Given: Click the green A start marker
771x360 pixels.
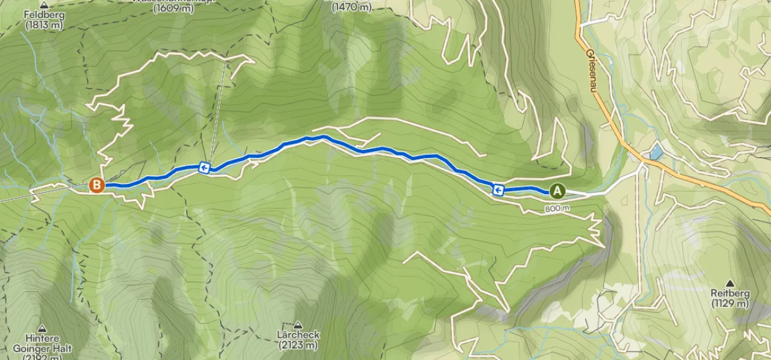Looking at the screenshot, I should (x=556, y=191).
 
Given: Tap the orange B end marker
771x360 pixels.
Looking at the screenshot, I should (x=96, y=185).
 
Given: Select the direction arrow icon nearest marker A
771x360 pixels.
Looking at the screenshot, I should (x=497, y=189).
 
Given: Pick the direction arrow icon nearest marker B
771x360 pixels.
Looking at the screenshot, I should (x=204, y=168).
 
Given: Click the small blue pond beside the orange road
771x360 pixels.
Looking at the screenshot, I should (x=655, y=152).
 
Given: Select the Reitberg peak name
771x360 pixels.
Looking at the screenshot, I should (x=731, y=293).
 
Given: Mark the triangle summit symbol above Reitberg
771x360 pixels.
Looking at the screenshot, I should (x=731, y=282).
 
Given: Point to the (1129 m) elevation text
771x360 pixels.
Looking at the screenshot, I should (x=731, y=303).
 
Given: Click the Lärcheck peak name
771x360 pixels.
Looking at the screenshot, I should (x=297, y=336).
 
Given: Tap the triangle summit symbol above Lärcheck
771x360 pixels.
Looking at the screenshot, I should (x=297, y=325).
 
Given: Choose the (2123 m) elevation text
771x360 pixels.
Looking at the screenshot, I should (x=297, y=346).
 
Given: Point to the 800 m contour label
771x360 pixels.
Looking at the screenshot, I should (x=557, y=208).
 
